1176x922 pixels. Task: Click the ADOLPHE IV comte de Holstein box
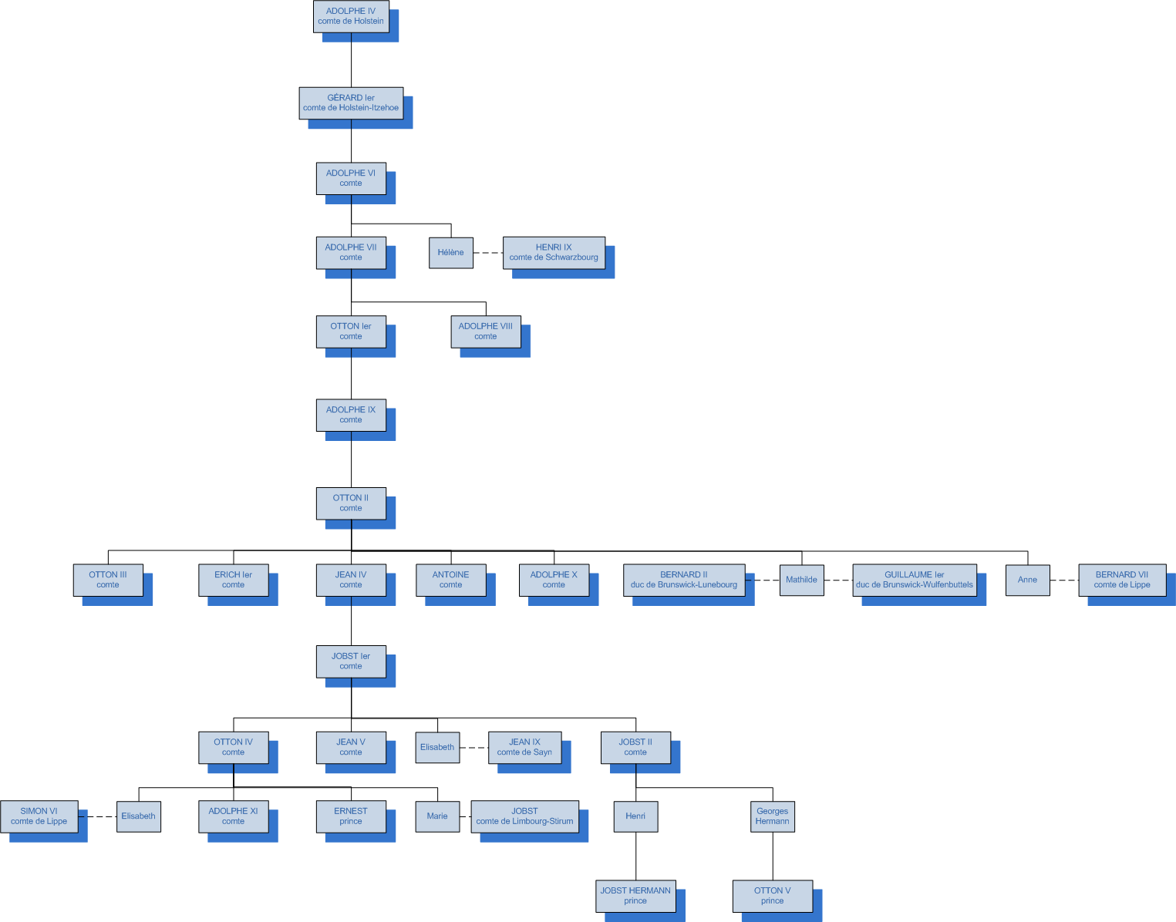[x=351, y=16]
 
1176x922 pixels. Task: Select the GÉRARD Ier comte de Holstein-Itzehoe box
[x=351, y=103]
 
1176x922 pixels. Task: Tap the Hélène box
[x=450, y=253]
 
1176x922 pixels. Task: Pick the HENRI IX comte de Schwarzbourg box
[x=554, y=253]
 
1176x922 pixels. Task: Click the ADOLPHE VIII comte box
[x=486, y=331]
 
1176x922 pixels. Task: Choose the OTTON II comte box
[x=351, y=503]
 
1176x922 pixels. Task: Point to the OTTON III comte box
[x=108, y=580]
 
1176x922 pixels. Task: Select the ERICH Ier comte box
[x=233, y=580]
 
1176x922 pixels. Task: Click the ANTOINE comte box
[x=450, y=580]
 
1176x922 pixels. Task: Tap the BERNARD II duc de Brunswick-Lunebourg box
[x=684, y=580]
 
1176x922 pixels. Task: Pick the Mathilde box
[x=801, y=580]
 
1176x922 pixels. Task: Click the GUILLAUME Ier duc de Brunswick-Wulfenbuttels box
[x=914, y=580]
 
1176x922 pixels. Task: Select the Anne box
[x=1027, y=580]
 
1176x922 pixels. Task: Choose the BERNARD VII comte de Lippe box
[x=1121, y=580]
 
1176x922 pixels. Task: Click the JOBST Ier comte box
[x=351, y=661]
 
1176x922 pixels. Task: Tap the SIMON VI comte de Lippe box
[x=39, y=816]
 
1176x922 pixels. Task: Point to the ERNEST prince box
[x=351, y=816]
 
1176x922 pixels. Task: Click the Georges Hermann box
[x=772, y=816]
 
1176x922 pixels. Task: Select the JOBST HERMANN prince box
[x=635, y=896]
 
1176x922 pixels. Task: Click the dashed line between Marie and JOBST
[x=465, y=816]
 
